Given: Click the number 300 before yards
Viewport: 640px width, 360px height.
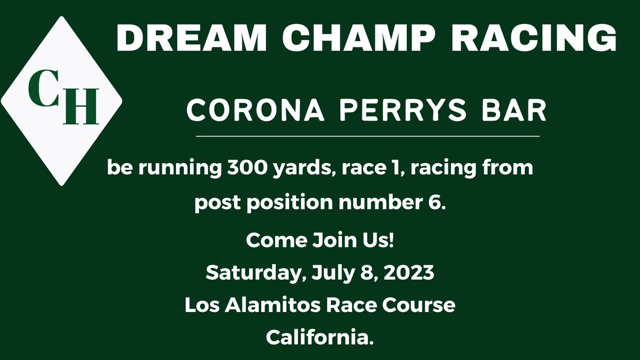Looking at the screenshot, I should [x=242, y=167].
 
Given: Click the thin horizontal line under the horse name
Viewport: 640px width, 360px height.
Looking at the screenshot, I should [x=368, y=137].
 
